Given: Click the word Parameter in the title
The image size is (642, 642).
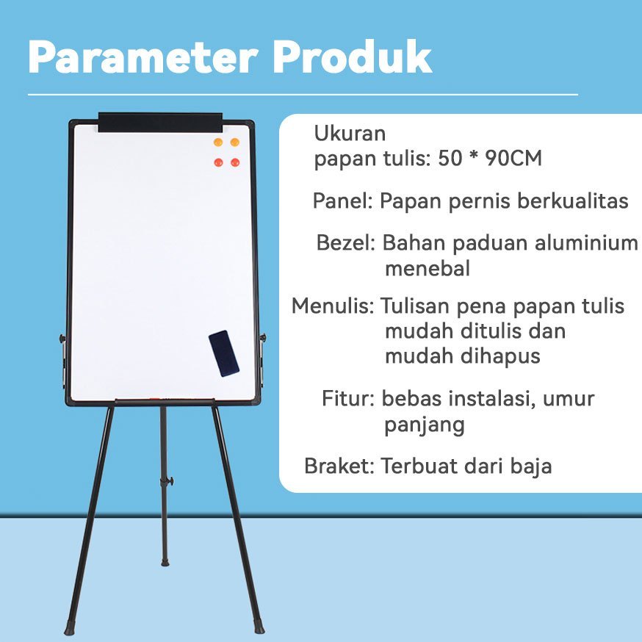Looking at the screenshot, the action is coord(143,57).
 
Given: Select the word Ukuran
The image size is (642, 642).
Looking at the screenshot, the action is coord(350,134).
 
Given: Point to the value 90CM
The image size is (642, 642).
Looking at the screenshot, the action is coord(513,158).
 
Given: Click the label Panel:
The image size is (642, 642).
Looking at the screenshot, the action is coord(343,201).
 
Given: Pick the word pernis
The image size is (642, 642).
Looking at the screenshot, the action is coord(480,202).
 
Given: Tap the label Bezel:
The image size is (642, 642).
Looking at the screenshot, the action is coord(345,243).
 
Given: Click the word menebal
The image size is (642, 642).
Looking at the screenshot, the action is coord(428,269).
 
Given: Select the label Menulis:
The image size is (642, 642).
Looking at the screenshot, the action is coord(333,306).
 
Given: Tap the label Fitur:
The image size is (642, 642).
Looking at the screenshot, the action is coord(348,398).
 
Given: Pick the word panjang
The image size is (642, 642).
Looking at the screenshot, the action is coord(424,425).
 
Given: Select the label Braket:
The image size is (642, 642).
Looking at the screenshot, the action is coord(339,466).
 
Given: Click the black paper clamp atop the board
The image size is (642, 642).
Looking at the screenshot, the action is coord(160,123).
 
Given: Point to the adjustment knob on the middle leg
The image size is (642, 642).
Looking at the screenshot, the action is coord(170,480).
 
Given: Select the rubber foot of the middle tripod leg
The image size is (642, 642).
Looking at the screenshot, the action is coord(165,563).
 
